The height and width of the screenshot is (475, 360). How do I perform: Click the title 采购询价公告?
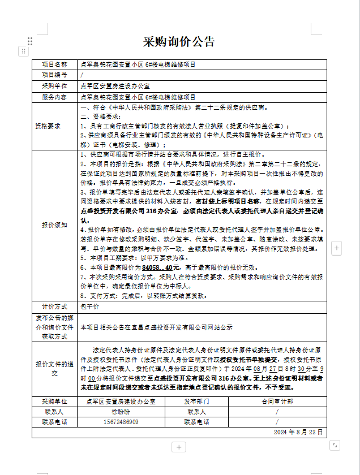(179, 41)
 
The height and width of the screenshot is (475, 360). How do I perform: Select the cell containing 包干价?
(90, 306)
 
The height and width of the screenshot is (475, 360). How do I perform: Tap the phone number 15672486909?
(121, 422)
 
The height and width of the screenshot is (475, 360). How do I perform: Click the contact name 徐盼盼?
(121, 412)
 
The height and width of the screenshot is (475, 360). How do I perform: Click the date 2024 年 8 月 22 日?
(298, 432)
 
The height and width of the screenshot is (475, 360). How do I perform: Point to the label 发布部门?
(196, 401)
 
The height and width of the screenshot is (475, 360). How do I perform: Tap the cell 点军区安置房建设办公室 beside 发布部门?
(121, 401)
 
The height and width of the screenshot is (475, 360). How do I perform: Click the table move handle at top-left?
(23, 51)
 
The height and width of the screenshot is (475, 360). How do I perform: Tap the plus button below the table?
(179, 447)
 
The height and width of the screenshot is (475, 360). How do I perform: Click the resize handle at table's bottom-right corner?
(334, 444)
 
